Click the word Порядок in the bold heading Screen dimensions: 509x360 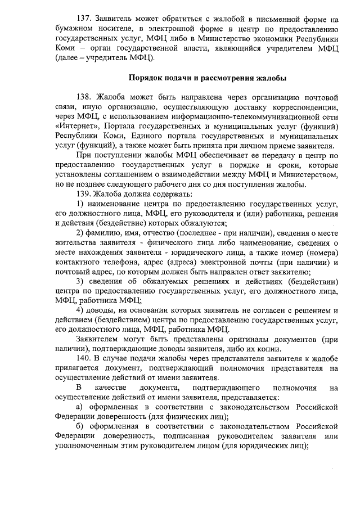click(x=146, y=78)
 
